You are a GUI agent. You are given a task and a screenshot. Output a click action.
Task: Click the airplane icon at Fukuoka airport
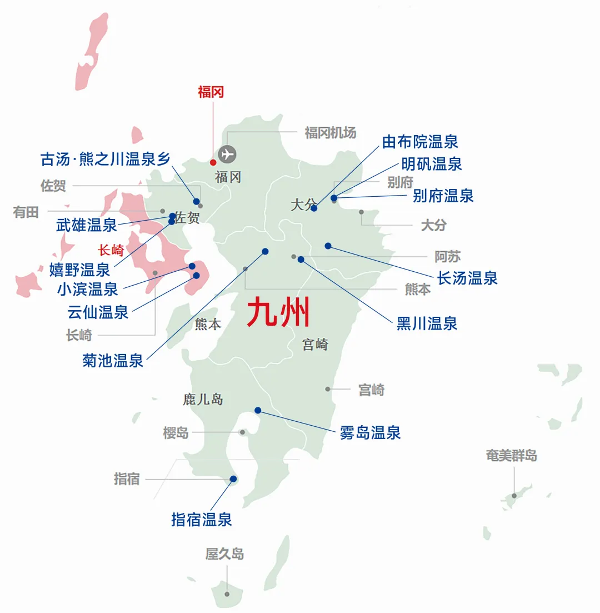227,153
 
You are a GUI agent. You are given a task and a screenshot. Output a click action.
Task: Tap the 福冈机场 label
330,133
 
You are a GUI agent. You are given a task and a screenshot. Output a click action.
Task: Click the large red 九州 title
278,313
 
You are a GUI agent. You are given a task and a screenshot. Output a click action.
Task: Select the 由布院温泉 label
420,142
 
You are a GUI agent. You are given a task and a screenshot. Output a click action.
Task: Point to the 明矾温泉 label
432,164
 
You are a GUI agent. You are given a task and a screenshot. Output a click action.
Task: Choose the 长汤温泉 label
467,278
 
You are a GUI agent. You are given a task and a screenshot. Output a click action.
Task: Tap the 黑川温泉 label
427,323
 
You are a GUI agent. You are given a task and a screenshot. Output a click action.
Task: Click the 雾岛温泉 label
370,432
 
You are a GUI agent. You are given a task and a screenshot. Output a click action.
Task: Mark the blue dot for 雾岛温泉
258,411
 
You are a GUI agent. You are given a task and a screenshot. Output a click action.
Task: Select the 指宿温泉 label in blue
201,520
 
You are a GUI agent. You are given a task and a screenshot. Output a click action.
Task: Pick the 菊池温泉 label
113,361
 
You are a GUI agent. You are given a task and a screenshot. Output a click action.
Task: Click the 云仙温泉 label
98,312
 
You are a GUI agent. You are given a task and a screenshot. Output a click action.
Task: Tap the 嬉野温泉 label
80,270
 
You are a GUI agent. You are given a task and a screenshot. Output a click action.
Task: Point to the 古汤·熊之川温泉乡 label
105,159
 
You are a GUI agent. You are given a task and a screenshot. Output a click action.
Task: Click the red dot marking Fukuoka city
213,162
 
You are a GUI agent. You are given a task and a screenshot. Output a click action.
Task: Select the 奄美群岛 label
511,456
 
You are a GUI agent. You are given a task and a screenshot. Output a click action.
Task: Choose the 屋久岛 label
224,554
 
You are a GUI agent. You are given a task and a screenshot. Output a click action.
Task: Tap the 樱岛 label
176,432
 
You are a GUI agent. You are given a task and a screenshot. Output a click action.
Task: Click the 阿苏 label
447,257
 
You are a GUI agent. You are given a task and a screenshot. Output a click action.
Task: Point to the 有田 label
26,212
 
